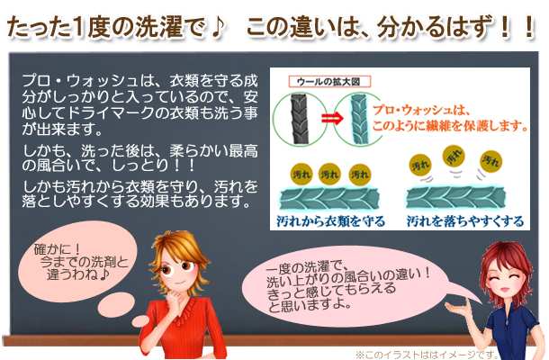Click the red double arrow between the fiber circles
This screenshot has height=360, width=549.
[332, 120]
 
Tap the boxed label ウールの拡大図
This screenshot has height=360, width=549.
[329, 82]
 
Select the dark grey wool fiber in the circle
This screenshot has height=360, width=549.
[300, 119]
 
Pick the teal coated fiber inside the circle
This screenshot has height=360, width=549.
[359, 120]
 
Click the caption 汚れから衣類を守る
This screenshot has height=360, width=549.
[330, 221]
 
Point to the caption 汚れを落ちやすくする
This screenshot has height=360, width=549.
[465, 221]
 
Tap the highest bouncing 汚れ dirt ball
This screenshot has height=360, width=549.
[454, 157]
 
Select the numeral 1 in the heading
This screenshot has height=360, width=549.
[79, 27]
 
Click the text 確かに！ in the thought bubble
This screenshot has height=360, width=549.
[58, 249]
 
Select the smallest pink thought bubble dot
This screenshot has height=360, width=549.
[141, 320]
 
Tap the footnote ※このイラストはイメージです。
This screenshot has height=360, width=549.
[427, 355]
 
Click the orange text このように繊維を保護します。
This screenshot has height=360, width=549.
[450, 126]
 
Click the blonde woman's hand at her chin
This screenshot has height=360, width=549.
[174, 297]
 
